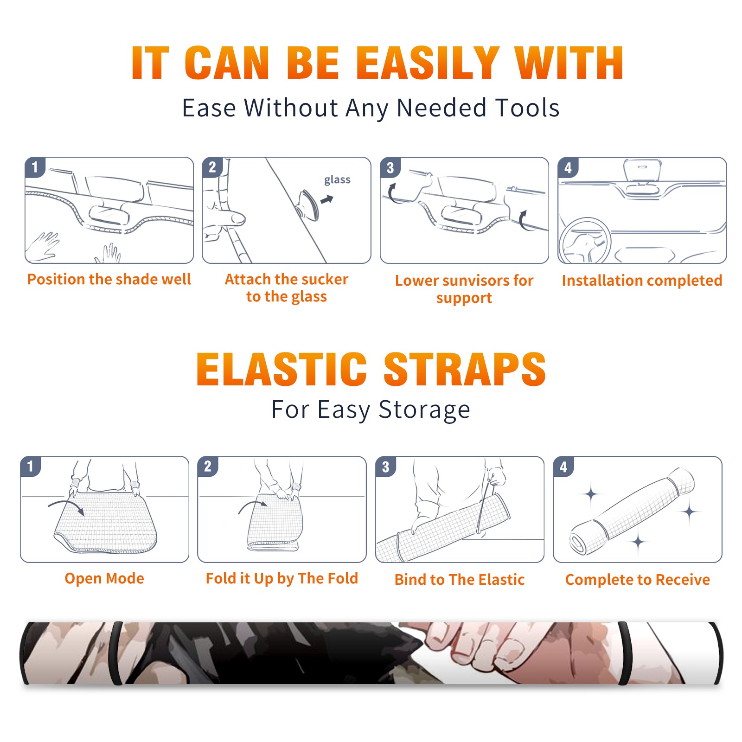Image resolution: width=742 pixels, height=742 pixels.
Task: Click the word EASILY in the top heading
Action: (x=428, y=63)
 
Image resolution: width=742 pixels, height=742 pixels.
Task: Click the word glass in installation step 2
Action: (x=337, y=180)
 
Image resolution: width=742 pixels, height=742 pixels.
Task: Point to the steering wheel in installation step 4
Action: (x=584, y=241)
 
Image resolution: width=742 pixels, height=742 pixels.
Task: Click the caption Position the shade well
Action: (x=109, y=279)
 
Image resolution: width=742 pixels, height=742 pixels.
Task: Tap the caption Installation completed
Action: (x=642, y=281)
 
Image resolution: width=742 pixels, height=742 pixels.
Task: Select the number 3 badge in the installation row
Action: (x=390, y=167)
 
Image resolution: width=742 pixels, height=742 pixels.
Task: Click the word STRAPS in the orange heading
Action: (x=465, y=369)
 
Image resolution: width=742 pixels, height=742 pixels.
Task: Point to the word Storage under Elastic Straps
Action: (x=424, y=410)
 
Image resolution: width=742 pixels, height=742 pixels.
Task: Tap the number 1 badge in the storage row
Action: (x=31, y=466)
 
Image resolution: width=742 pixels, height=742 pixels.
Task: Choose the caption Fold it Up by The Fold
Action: (x=282, y=578)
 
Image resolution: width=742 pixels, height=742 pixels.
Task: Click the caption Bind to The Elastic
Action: (x=460, y=580)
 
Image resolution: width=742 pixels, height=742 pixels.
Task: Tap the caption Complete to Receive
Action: (x=638, y=580)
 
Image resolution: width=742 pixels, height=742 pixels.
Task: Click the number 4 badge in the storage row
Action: (x=563, y=467)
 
